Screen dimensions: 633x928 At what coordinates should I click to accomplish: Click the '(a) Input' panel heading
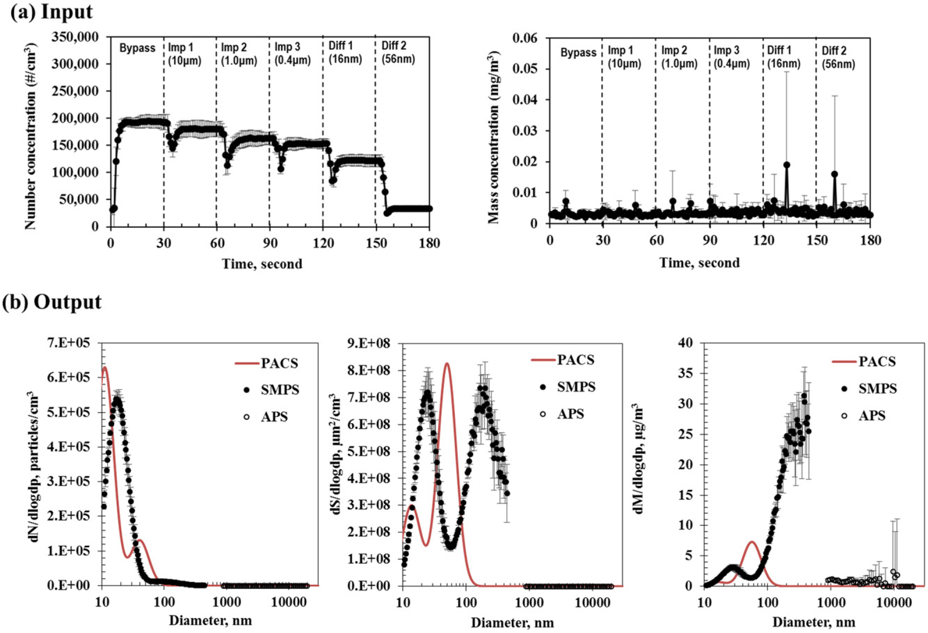coord(51,12)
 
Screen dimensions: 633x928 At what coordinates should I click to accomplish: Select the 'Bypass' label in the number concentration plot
coord(137,48)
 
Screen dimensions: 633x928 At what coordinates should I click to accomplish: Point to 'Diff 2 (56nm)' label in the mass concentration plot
coord(838,57)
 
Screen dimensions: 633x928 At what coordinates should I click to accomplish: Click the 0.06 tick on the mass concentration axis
coord(525,38)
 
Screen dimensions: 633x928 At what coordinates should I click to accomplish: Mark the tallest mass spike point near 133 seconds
coord(787,165)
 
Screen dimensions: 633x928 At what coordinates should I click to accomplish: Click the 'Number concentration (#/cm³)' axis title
coord(31,136)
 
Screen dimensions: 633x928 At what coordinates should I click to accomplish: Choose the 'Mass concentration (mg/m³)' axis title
coord(493,137)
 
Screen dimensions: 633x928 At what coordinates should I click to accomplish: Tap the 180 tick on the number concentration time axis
coord(429,243)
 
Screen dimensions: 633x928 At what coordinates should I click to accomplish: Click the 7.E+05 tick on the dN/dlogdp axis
coord(69,343)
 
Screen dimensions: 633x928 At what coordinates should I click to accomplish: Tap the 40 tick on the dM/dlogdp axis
coord(685,343)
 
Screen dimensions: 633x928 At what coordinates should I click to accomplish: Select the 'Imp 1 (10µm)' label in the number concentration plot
coord(185,54)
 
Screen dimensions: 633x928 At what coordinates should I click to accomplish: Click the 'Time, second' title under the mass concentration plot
coord(699,263)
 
